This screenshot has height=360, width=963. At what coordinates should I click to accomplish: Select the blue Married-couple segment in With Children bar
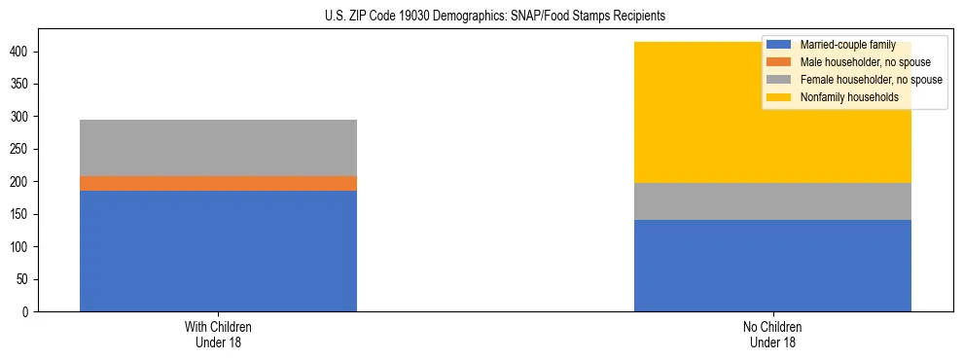coord(218,251)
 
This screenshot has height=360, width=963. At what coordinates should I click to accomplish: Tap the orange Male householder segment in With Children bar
coord(218,183)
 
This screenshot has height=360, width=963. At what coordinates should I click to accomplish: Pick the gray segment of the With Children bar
coord(218,148)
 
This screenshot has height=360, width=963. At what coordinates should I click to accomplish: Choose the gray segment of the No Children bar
coord(772,201)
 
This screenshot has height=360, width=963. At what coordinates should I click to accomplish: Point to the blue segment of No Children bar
coord(772,266)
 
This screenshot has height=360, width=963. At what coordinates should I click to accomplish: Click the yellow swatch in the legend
coord(779,97)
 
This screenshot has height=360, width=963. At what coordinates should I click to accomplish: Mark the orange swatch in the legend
coord(779,62)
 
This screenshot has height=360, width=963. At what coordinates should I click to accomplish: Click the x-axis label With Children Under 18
coord(218,334)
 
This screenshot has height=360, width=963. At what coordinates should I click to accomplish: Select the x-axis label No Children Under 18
coord(772,334)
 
